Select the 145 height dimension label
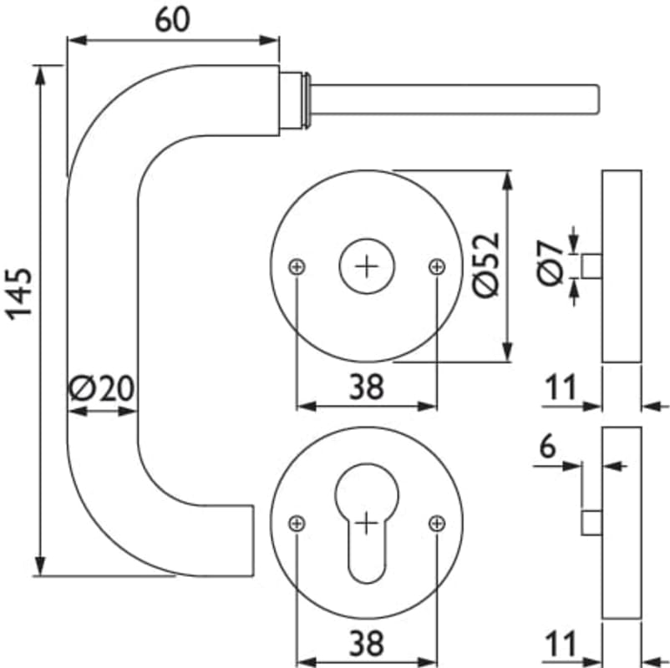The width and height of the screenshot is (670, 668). click(x=20, y=292)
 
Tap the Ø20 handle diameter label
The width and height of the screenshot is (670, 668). click(x=102, y=388)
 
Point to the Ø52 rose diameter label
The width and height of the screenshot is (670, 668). click(x=486, y=264)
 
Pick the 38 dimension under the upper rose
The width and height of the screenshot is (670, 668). click(x=366, y=387)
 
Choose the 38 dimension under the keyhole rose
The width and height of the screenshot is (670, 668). click(x=366, y=644)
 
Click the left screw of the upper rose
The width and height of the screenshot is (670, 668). click(x=297, y=266)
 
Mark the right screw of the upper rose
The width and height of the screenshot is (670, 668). click(x=436, y=266)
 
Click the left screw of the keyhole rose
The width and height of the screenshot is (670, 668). click(x=297, y=524)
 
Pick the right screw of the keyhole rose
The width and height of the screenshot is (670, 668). click(x=436, y=524)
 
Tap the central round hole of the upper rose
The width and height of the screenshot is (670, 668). click(x=366, y=266)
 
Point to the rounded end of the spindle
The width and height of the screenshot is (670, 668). click(x=592, y=99)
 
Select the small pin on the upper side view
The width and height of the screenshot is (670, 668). click(x=592, y=266)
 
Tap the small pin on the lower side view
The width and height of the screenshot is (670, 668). click(x=592, y=523)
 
